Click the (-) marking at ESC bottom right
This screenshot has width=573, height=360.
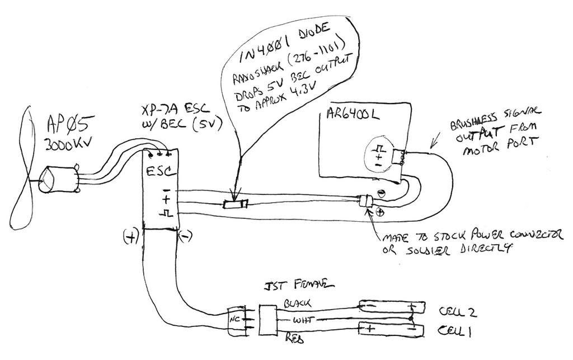(x=186, y=237)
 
